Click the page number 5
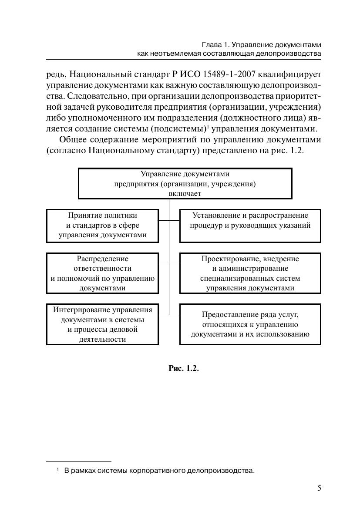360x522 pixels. pos(319,488)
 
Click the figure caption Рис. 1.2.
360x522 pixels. pos(183,368)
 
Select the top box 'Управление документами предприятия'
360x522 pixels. pos(185,183)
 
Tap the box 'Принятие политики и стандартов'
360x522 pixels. pos(102,226)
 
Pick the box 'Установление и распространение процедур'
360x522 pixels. pos(250,226)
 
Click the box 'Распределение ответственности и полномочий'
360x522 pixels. pos(102,273)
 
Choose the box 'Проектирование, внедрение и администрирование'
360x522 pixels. pos(250,273)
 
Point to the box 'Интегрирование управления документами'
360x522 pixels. pos(102,324)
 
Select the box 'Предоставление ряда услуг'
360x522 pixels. pos(250,324)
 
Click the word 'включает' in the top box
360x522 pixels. pos(185,194)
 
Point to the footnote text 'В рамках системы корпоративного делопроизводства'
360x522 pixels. pos(159,471)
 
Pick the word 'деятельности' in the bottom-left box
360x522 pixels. pos(102,339)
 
